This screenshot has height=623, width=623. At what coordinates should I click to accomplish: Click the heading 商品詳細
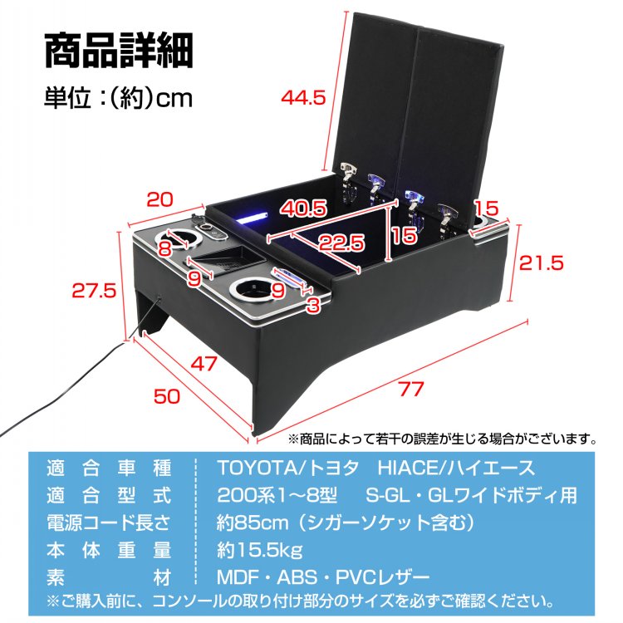tap(119, 51)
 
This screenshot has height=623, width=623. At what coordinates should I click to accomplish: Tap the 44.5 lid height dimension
tap(303, 98)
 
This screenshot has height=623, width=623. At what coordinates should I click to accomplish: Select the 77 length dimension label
tap(411, 388)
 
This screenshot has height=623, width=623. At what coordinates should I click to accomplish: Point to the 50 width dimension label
tap(166, 396)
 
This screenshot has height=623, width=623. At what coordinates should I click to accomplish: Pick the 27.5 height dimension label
tap(94, 291)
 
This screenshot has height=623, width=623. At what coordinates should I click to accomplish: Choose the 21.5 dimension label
tap(541, 262)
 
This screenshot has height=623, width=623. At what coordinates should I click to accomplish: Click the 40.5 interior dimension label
tap(303, 208)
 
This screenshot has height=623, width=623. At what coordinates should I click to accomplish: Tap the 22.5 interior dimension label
tap(341, 243)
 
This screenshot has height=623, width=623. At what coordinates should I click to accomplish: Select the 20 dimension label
tap(159, 199)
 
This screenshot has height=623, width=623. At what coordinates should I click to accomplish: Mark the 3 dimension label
tap(313, 306)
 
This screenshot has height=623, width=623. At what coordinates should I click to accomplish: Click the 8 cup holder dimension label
tap(165, 248)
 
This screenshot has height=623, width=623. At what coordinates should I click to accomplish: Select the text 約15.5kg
tap(259, 550)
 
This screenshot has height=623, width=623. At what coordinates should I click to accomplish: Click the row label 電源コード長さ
tap(109, 522)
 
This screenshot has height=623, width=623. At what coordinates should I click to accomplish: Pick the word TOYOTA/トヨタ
tap(287, 468)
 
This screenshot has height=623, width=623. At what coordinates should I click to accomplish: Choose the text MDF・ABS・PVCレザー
tap(323, 577)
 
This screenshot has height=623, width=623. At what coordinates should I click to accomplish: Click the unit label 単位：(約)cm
tap(119, 98)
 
